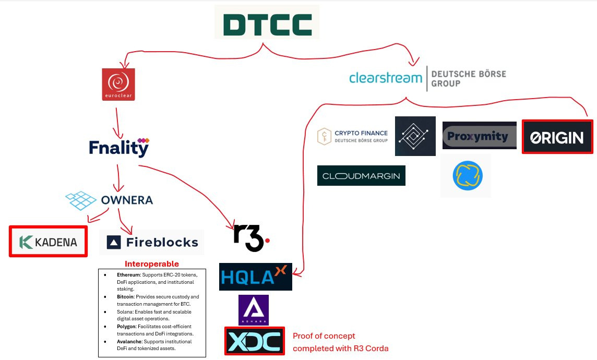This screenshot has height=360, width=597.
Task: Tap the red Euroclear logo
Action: coord(118,84)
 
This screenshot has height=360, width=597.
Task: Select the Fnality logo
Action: coord(119,148)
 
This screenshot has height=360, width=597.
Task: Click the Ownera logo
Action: coord(110,200)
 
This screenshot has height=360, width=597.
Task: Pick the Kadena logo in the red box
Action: coord(48,242)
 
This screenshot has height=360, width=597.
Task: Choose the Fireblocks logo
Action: coord(152,242)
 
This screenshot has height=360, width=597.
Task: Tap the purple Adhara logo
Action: coord(254,310)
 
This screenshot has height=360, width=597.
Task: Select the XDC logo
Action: coord(255,341)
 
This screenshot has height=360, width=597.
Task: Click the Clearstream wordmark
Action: coord(385,78)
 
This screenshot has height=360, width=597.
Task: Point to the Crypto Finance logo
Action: coord(353,137)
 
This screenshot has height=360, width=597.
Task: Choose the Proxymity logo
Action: coord(479,136)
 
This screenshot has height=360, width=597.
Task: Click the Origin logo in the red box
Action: coord(557,137)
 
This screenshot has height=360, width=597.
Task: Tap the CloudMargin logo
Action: coord(361,176)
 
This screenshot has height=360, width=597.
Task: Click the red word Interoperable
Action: coord(151,264)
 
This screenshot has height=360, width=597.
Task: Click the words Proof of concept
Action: coord(324,336)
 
